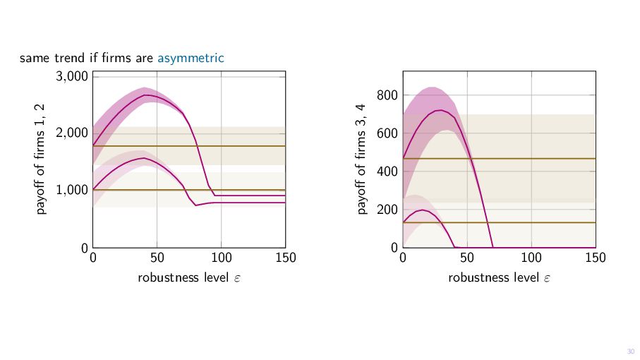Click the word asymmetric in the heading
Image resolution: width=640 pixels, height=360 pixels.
click(191, 58)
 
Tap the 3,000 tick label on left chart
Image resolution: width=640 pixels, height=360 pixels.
click(71, 76)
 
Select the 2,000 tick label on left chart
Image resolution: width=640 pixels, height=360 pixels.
click(71, 133)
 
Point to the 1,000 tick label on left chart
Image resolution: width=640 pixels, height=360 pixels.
click(71, 191)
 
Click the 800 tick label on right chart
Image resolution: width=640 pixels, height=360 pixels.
click(389, 95)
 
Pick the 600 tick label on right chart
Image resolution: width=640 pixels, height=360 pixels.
click(389, 133)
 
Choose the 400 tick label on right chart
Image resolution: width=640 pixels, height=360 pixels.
click(389, 172)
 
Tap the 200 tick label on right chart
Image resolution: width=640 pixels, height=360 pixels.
click(389, 210)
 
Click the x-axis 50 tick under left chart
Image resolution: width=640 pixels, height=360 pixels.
click(157, 258)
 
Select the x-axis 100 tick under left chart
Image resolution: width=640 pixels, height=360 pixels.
click(222, 258)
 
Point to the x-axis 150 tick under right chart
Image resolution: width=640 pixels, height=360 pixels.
click(596, 258)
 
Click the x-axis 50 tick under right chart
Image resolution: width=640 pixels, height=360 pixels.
click(467, 258)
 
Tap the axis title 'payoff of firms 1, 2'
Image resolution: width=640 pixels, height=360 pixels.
click(41, 159)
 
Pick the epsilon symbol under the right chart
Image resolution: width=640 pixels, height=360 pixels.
click(547, 278)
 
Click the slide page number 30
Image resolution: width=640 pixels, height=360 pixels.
click(630, 351)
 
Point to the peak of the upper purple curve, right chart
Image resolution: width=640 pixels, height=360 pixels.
click(440, 110)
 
